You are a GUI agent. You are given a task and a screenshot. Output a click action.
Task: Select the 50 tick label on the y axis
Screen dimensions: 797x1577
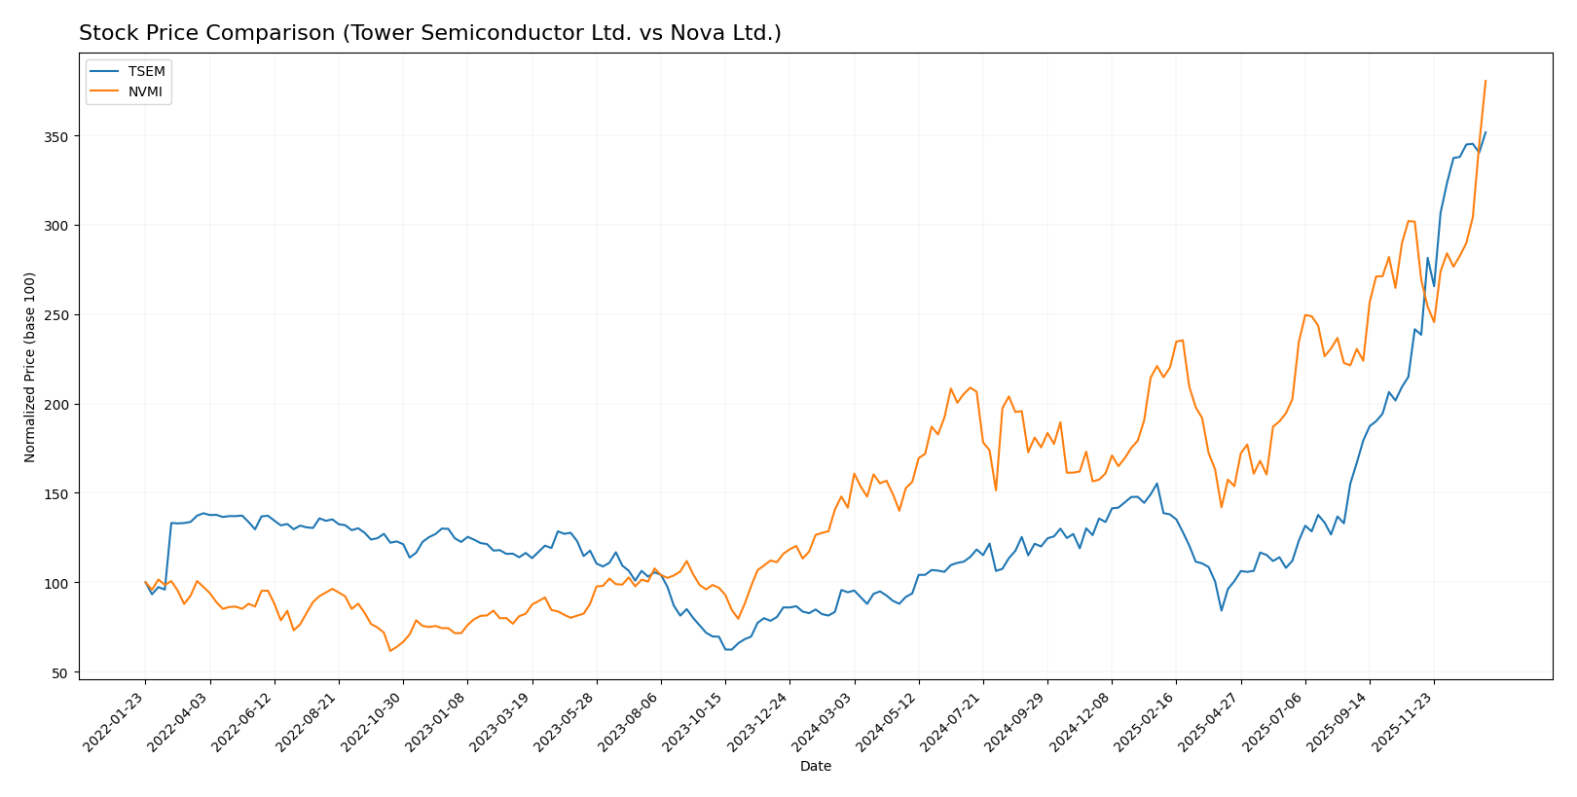point(61,673)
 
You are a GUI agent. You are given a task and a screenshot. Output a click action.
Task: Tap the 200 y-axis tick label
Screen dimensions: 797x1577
point(57,405)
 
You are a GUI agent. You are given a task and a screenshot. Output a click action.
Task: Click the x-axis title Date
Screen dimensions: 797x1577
point(816,767)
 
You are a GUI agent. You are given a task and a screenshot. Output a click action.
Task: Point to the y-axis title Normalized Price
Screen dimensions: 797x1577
point(30,367)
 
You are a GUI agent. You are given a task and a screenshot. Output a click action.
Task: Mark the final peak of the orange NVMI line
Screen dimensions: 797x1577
point(1485,81)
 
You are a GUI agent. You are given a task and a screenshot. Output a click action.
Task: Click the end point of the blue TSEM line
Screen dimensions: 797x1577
point(1485,132)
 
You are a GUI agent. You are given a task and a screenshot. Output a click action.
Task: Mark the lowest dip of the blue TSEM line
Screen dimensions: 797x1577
point(728,649)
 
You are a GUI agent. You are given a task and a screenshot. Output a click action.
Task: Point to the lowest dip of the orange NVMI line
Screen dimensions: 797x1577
point(390,650)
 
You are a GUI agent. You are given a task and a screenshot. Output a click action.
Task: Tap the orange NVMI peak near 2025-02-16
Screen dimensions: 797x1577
point(1182,340)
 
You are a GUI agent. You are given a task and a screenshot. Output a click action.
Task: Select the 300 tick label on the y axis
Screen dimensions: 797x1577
point(57,226)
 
